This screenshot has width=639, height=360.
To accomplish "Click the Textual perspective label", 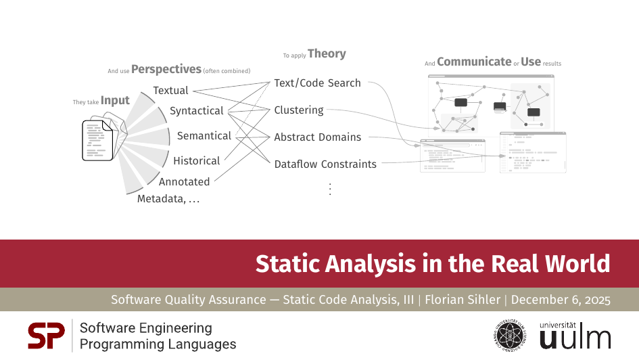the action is tap(171, 91).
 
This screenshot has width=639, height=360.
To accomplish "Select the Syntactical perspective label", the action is tap(196, 111).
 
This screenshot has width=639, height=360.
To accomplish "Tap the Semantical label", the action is tap(204, 136).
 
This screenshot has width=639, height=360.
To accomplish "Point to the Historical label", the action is tap(196, 160).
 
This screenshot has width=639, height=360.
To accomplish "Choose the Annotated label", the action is tap(184, 182).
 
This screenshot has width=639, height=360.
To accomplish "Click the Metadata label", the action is tap(168, 199).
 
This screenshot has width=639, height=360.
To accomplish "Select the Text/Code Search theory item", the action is tap(317, 83).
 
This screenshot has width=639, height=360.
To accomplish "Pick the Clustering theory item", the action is tap(299, 110).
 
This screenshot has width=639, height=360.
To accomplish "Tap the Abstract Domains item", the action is tap(317, 137).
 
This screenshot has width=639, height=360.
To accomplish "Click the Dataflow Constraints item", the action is tap(325, 164).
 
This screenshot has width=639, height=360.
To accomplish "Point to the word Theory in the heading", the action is tap(327, 54).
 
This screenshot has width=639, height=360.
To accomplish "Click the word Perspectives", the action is tap(166, 69).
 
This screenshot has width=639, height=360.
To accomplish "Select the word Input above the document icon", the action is tap(115, 101).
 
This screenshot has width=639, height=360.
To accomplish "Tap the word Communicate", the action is tap(474, 62).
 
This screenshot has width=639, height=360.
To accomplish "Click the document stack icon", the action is tap(104, 138).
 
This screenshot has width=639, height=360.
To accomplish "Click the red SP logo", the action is tap(46, 336).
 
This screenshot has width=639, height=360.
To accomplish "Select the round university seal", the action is tap(509, 336).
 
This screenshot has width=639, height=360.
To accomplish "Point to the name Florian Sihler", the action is tap(463, 300).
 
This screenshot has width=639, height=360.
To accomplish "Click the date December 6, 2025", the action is tap(561, 300).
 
